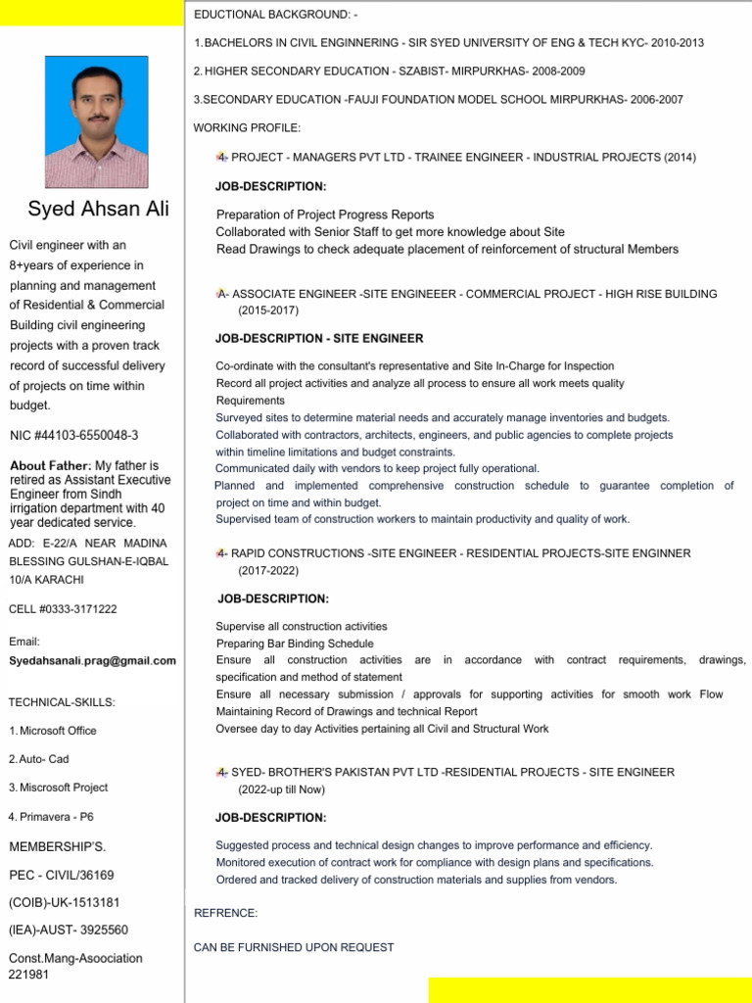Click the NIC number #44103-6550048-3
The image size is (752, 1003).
tap(73, 435)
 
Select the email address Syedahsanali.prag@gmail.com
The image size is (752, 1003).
tap(92, 661)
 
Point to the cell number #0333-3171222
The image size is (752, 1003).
tap(63, 608)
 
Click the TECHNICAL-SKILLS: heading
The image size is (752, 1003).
tap(62, 702)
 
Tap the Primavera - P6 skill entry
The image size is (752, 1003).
tap(51, 816)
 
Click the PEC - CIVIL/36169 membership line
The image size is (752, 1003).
tap(62, 875)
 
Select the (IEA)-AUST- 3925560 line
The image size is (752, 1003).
tap(69, 930)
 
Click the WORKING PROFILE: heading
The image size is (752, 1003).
tap(248, 128)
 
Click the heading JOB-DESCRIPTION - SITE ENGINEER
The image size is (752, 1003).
tap(319, 339)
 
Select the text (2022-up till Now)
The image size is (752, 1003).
tap(281, 789)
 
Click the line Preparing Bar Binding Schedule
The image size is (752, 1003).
tap(295, 644)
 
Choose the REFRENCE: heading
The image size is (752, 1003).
tap(226, 913)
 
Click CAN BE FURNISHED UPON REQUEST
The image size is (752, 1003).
tap(294, 947)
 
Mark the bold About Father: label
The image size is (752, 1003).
tap(51, 465)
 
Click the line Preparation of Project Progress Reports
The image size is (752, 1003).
tap(325, 215)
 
